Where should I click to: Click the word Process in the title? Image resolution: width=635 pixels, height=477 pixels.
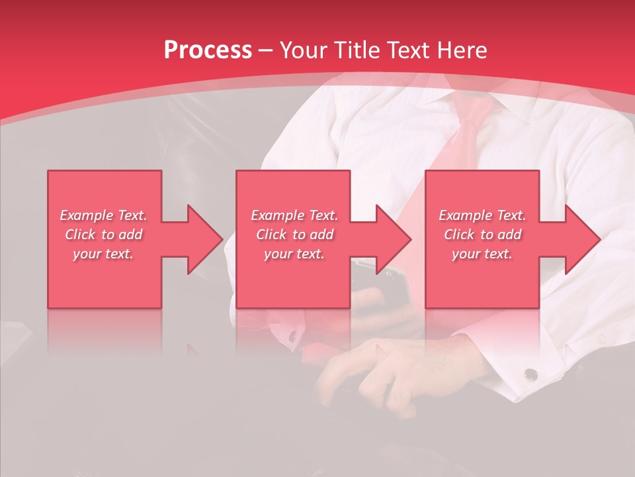(x=208, y=50)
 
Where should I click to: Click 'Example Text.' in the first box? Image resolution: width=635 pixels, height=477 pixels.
(x=103, y=215)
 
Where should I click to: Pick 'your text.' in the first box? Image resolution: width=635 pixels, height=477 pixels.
(x=103, y=254)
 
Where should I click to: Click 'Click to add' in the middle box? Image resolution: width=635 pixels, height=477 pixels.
(x=294, y=235)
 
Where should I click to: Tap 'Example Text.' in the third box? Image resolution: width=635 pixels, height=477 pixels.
(x=482, y=215)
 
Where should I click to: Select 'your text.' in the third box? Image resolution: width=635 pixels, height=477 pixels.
(x=482, y=254)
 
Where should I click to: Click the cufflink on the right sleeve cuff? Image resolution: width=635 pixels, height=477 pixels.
(x=530, y=375)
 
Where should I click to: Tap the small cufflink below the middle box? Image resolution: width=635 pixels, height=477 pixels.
(x=292, y=337)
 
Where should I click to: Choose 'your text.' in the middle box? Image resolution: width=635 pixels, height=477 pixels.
(x=294, y=254)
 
